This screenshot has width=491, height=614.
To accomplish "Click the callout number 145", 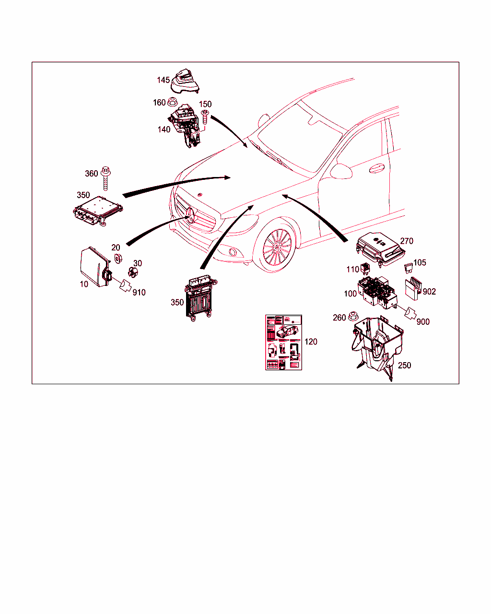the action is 163,80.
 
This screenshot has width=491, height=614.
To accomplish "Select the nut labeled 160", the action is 172,102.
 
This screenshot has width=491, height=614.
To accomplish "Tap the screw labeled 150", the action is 205,117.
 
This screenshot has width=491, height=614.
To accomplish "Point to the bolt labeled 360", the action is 105,178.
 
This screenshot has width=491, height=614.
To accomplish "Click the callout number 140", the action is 164,130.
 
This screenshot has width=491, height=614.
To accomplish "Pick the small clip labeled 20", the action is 118,258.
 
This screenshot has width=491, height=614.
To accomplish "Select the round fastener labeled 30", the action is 133,272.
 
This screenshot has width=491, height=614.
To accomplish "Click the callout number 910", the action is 139,293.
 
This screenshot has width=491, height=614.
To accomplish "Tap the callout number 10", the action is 84,284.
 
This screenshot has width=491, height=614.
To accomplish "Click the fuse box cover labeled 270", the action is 380,249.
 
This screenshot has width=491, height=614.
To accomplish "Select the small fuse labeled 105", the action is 408,268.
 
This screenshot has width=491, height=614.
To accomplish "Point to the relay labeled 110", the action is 365,268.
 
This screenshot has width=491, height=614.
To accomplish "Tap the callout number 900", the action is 423,322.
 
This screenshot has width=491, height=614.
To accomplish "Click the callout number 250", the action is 404,366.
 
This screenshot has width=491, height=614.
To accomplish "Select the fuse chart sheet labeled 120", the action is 283,342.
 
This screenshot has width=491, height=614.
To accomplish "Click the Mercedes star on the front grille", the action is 190,215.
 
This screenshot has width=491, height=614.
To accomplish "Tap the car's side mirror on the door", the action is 340,171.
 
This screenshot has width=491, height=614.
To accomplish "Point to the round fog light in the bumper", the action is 233,252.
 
